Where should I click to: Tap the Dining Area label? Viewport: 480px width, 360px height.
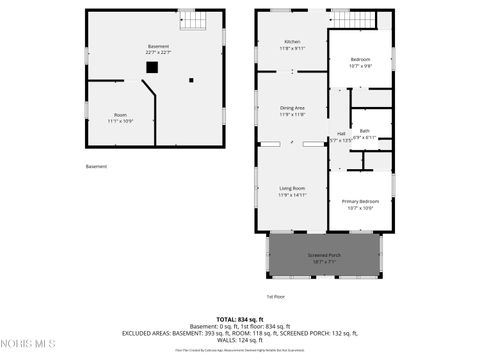tap(292, 108)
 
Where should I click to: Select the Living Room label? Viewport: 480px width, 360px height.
tap(292, 188)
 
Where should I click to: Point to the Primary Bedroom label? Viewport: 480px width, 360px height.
tap(360, 202)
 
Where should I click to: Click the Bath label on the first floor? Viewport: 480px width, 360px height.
tap(365, 130)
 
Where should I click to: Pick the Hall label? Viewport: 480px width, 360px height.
tap(341, 133)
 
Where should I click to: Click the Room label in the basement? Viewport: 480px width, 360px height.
tap(120, 115)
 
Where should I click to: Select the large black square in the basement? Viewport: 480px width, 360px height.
tap(152, 67)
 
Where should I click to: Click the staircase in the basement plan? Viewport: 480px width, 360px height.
tap(189, 19)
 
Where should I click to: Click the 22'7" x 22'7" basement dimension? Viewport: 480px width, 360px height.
tap(159, 52)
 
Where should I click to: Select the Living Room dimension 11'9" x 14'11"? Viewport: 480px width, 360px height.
tap(292, 194)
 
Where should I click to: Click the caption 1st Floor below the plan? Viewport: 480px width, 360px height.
tap(275, 297)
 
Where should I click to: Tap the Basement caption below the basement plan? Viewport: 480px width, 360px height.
tap(96, 167)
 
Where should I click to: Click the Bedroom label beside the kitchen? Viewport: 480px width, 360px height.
tap(360, 59)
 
